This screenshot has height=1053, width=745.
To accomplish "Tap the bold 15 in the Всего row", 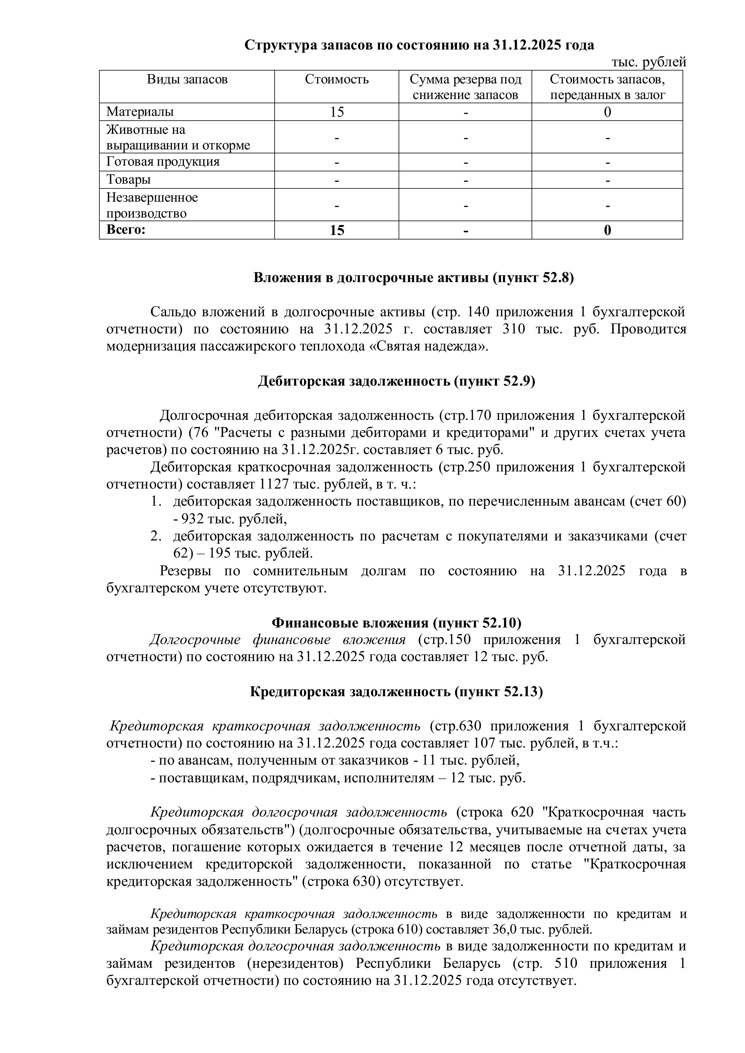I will coord(337,230).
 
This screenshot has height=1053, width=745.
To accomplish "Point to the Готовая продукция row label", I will coord(163,161).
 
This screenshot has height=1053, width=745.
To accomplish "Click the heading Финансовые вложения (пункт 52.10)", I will coord(396,622).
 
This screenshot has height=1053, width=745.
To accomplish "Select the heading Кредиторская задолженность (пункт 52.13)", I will coord(396,692).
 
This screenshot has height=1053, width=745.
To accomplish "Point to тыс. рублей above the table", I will coord(649,62).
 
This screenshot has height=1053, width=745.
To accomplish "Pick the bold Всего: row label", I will coord(126,229).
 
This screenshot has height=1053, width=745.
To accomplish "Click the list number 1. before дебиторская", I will coord(156,502).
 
